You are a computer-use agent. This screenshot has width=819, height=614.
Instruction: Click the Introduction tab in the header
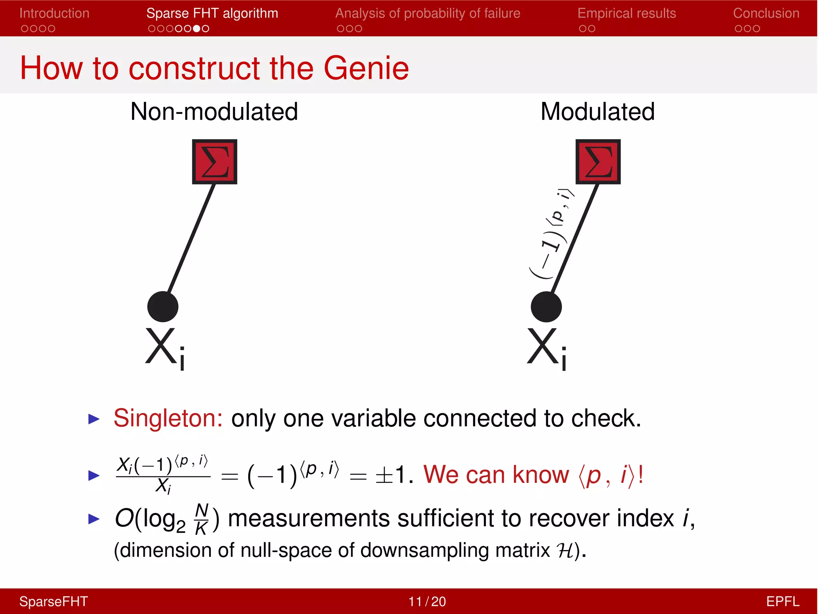pyautogui.click(x=54, y=14)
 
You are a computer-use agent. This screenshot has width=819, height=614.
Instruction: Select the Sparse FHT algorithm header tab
pyautogui.click(x=212, y=14)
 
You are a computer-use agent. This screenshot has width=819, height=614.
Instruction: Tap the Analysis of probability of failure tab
pyautogui.click(x=427, y=14)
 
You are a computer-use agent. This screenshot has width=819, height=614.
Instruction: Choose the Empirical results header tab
pyautogui.click(x=626, y=14)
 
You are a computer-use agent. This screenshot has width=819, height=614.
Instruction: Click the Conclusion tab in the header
pyautogui.click(x=766, y=14)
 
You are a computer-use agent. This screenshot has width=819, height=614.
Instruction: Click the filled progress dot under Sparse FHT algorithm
pyautogui.click(x=196, y=29)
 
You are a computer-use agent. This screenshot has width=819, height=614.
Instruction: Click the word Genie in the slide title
pyautogui.click(x=366, y=68)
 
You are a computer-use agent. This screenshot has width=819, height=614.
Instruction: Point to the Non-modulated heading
pyautogui.click(x=214, y=112)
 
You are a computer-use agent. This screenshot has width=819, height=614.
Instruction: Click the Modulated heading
pyautogui.click(x=597, y=112)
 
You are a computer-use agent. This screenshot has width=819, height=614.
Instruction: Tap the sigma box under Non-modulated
pyautogui.click(x=215, y=162)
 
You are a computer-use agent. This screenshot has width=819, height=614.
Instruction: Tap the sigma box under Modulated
pyautogui.click(x=598, y=162)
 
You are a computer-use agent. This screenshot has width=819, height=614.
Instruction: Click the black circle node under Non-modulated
pyautogui.click(x=163, y=307)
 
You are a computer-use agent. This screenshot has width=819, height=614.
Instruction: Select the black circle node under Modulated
pyautogui.click(x=546, y=307)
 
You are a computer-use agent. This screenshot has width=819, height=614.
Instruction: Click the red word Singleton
pyautogui.click(x=168, y=419)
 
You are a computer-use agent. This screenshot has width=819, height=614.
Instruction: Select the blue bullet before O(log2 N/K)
pyautogui.click(x=94, y=519)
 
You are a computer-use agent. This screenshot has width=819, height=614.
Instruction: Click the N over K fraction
pyautogui.click(x=202, y=519)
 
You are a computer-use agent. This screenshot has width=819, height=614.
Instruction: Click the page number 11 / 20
pyautogui.click(x=427, y=602)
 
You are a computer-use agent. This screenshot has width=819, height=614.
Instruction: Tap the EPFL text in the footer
pyautogui.click(x=782, y=602)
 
